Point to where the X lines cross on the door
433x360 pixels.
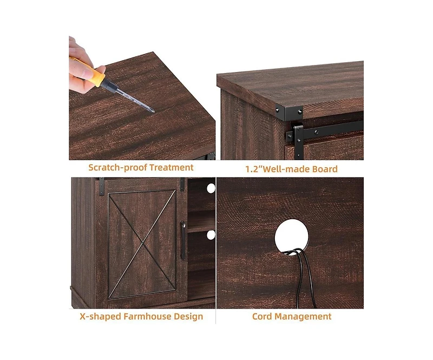142,237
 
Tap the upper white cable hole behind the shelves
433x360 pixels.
211,188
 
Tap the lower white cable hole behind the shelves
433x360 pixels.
211,234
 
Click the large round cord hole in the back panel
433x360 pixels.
291,234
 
